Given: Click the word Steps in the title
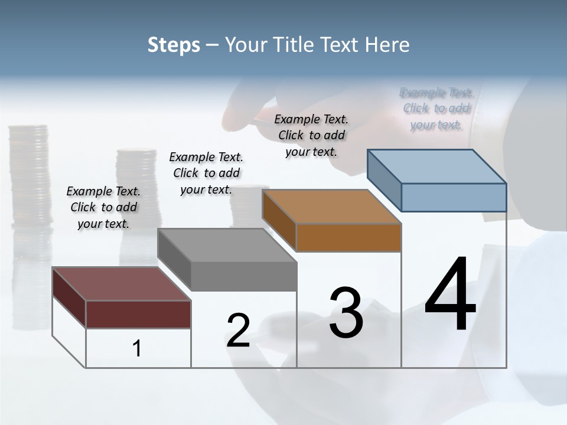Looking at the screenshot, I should point(174,45).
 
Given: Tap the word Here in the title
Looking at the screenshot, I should point(387,45).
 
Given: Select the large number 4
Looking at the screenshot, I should point(450,295).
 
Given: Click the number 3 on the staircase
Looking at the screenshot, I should point(346,313).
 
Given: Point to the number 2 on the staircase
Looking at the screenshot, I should point(238,331).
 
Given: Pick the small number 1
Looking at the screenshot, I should point(136,349).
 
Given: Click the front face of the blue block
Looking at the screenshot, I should point(454,197).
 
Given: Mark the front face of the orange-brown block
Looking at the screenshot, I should point(348,237).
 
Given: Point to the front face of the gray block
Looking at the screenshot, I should point(243,276).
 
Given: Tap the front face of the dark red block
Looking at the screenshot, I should point(138,314).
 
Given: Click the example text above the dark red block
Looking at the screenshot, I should point(103,207).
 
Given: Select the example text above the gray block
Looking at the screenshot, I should point(206,173).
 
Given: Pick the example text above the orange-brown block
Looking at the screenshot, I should point(311,135).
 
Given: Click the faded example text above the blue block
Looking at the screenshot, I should point(436,109).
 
